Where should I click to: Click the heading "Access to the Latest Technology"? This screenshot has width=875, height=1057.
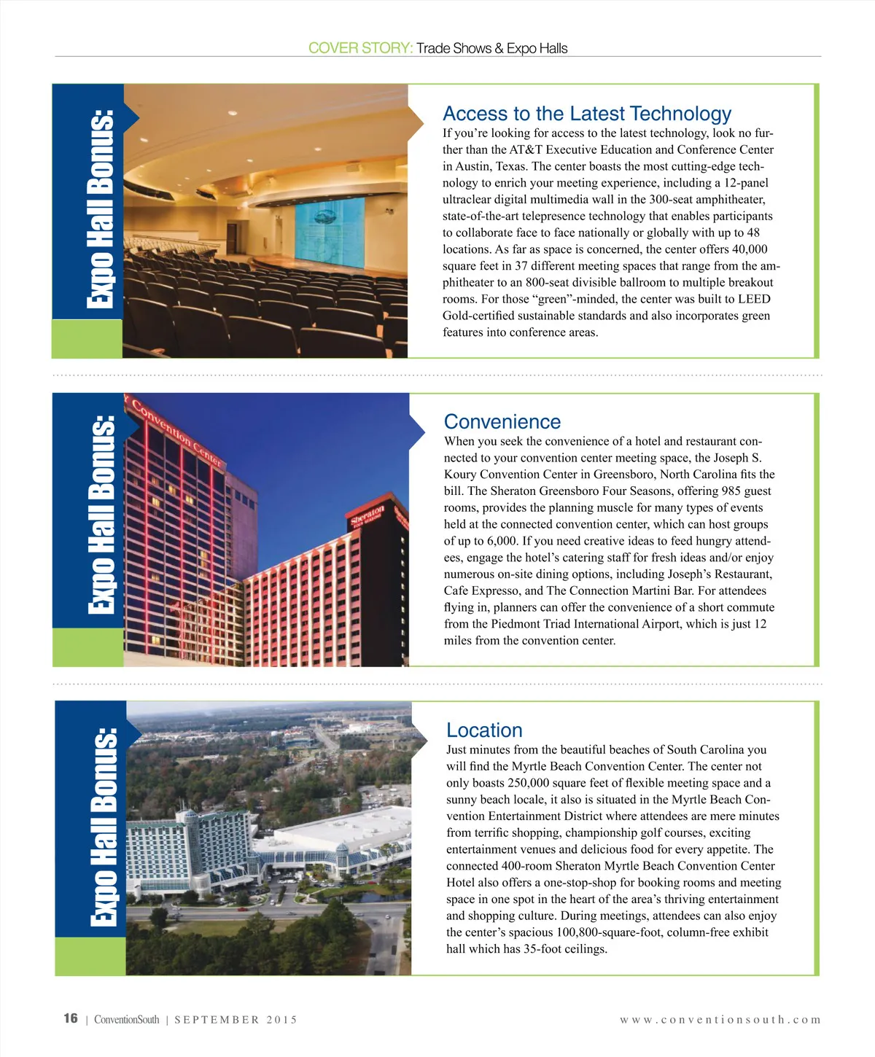point(587,114)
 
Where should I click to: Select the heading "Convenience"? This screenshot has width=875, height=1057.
point(502,422)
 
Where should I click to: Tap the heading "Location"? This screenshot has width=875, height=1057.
point(484,730)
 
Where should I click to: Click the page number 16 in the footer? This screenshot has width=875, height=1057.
point(71,1018)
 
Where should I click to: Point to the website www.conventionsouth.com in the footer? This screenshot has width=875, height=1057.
point(720,1020)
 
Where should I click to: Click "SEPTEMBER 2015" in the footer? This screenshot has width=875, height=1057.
point(236,1020)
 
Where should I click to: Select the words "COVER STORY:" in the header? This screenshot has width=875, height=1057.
point(360,48)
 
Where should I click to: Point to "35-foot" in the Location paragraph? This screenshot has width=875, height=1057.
point(545,949)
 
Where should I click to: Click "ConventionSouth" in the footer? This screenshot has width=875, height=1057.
point(126,1020)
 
